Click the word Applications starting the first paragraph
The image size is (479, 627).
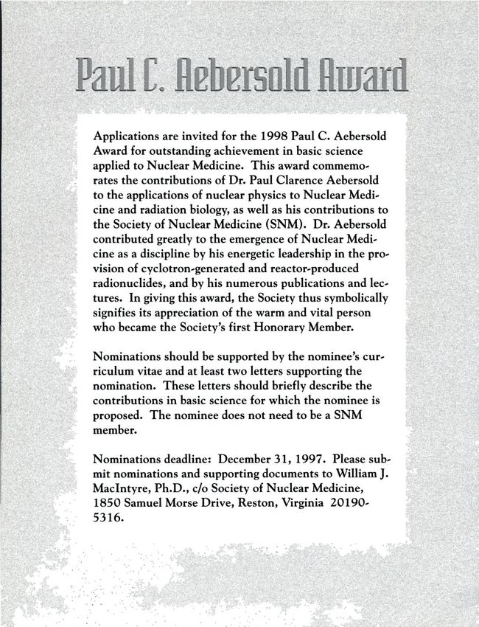point(124,137)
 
